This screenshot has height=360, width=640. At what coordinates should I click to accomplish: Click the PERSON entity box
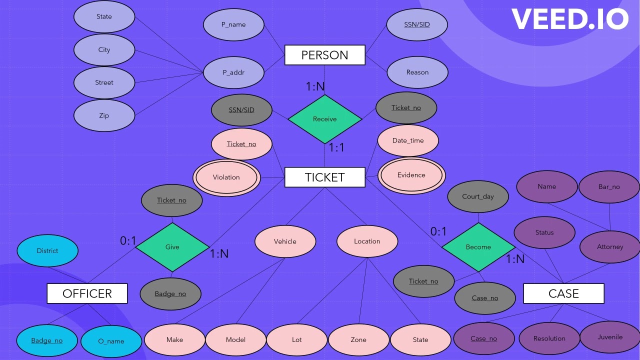(324, 55)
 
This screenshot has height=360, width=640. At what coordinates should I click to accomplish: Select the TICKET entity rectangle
(324, 177)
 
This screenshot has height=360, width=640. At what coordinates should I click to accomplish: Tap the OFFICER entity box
(87, 293)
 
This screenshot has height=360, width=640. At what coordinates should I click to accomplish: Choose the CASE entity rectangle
(563, 293)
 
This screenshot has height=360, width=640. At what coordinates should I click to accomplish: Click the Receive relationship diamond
(324, 119)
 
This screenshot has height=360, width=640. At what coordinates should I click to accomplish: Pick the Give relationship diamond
(172, 247)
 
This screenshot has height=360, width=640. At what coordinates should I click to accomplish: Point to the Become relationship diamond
(478, 247)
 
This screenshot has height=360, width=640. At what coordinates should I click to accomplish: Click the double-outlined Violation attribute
(226, 177)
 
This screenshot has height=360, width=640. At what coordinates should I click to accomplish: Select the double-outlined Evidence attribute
(411, 175)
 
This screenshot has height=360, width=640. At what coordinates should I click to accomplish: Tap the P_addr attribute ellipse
(233, 72)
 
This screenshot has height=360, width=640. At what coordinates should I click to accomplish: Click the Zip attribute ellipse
(104, 115)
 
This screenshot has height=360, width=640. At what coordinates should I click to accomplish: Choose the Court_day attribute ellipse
(478, 196)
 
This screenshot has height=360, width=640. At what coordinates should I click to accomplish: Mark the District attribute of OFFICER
(47, 251)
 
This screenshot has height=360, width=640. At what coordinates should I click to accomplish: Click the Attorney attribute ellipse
(610, 247)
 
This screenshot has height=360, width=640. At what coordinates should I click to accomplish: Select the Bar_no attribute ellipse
(609, 187)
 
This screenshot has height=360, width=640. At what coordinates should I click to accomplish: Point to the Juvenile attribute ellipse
(610, 337)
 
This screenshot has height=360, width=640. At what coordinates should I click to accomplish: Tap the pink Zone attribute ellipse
(358, 340)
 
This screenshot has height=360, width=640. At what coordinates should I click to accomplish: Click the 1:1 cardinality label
(336, 148)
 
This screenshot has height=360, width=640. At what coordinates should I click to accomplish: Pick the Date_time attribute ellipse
(408, 140)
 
